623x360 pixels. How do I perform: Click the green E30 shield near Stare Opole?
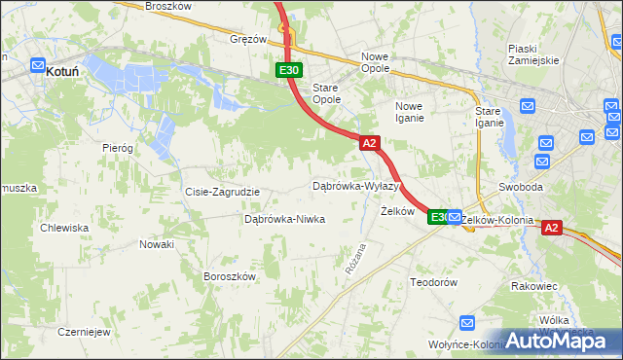pyautogui.click(x=288, y=70)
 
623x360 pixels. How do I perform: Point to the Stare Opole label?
pyautogui.click(x=325, y=93)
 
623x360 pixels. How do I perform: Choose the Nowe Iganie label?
pyautogui.click(x=409, y=112)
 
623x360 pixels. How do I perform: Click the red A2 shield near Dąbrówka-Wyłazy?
pyautogui.click(x=369, y=143)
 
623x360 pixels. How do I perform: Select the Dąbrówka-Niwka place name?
pyautogui.click(x=284, y=220)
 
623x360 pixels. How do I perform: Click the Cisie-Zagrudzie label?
pyautogui.click(x=222, y=192)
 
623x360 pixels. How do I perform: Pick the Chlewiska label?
pyautogui.click(x=64, y=228)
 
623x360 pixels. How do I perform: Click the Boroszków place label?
pyautogui.click(x=229, y=276)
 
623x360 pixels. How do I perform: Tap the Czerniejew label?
pyautogui.click(x=83, y=331)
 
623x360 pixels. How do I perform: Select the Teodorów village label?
pyautogui.click(x=433, y=282)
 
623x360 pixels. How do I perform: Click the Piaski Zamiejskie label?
pyautogui.click(x=533, y=54)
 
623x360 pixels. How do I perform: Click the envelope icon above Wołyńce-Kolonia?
pyautogui.click(x=467, y=323)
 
